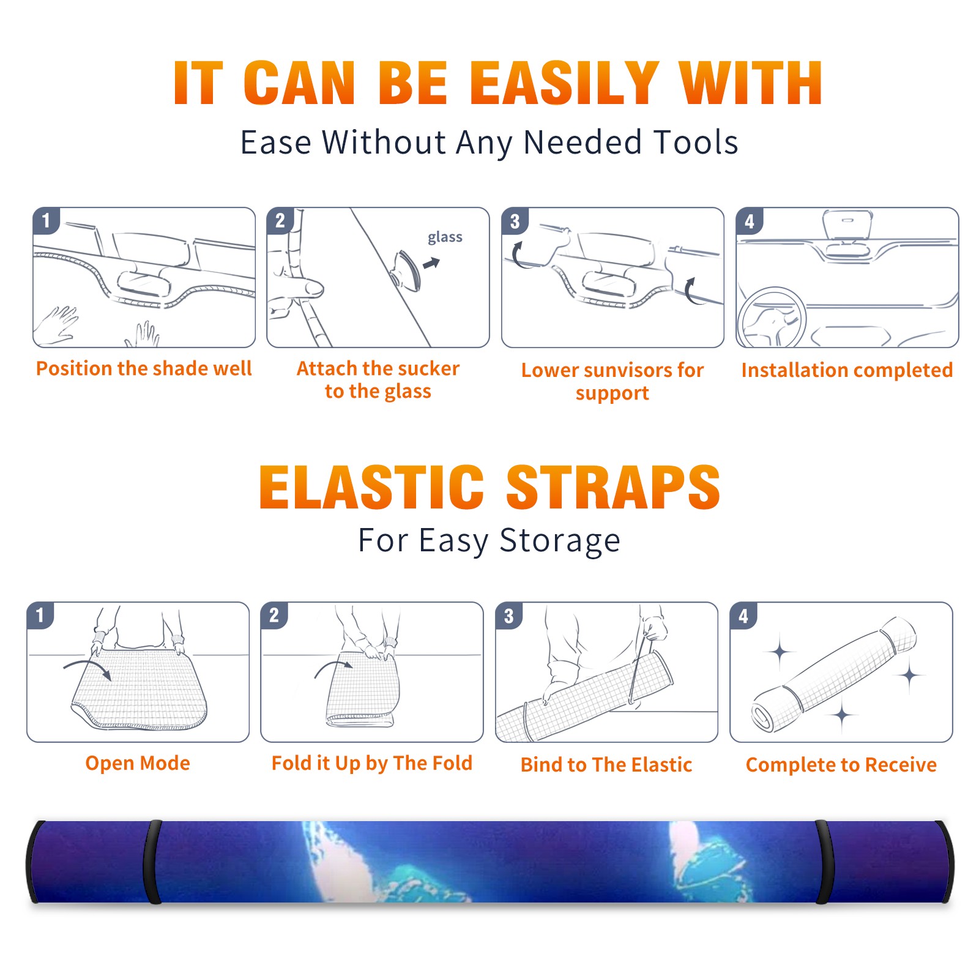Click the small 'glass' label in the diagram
(x=445, y=237)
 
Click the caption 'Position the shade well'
(x=144, y=368)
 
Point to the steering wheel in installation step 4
(x=772, y=318)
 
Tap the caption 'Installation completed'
(x=847, y=370)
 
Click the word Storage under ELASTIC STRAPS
(x=560, y=541)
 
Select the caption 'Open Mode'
(x=138, y=763)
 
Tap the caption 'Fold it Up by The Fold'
(x=372, y=763)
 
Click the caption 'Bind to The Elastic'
(x=606, y=764)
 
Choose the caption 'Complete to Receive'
(x=841, y=764)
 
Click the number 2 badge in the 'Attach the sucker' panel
(x=280, y=220)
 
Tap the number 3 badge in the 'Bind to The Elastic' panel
(x=508, y=616)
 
